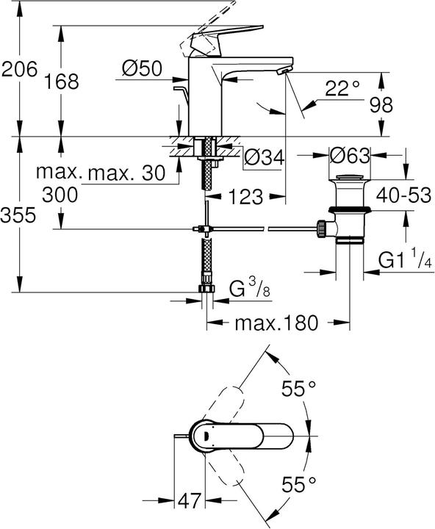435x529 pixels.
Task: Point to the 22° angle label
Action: pos(343,88)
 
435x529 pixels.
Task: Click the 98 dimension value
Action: pos(402,105)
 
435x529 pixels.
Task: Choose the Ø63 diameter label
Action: pos(348,156)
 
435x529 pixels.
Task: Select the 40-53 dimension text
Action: pos(403,196)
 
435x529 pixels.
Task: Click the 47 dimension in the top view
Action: pos(191,502)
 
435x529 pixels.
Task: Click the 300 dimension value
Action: pos(62,195)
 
